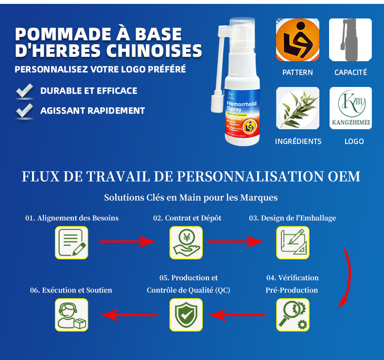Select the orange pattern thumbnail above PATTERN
[297, 40]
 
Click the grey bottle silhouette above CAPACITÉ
[350, 40]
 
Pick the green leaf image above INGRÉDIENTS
[297, 108]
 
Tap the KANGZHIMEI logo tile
[350, 108]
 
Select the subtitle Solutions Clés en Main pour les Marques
[191, 198]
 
